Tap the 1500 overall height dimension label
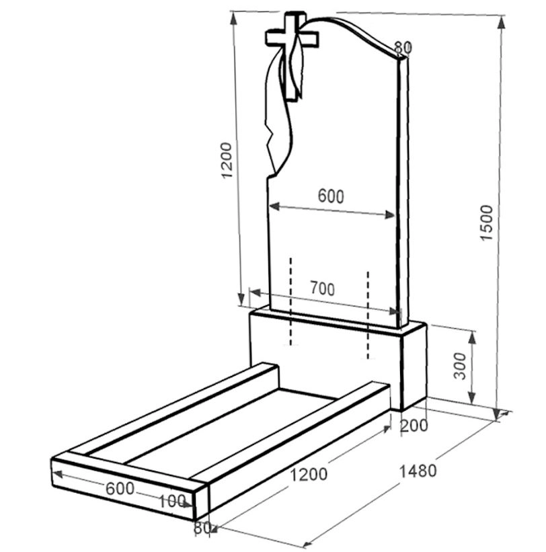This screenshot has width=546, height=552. [x=487, y=223]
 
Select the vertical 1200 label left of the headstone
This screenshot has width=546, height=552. [x=226, y=160]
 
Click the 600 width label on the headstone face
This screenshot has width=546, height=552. [x=331, y=196]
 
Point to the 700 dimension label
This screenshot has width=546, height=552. [x=322, y=288]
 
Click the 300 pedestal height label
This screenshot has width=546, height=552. [x=459, y=366]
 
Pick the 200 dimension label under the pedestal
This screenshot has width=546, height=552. [x=414, y=426]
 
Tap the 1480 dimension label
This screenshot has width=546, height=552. [x=418, y=471]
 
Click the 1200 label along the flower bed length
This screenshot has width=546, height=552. [x=308, y=475]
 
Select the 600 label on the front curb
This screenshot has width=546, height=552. [x=120, y=488]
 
